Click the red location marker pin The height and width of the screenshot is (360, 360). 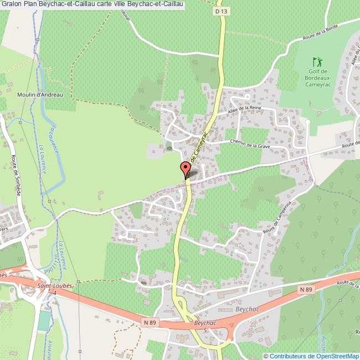pyautogui.click(x=184, y=169)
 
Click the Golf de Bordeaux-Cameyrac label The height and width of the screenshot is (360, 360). pyautogui.click(x=317, y=78)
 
